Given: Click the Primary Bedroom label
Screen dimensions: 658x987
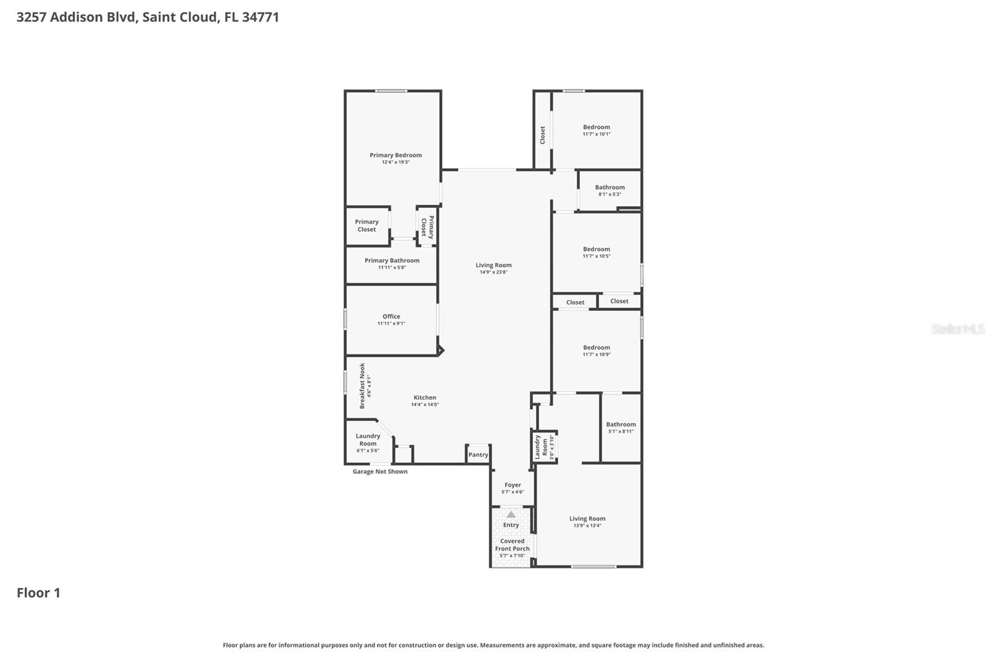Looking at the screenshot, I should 395,156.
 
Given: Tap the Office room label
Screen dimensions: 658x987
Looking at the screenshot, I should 391,317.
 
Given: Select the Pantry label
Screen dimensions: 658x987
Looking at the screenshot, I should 478,455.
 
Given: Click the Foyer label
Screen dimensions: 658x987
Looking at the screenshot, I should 513,485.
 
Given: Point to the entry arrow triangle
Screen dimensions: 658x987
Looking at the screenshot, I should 511,514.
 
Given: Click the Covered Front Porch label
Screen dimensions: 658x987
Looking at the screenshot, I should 512,545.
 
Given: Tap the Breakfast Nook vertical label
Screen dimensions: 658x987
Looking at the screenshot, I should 363,386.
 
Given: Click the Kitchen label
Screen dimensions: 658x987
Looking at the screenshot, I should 424,398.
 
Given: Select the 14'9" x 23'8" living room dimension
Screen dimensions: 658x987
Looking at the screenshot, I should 493,272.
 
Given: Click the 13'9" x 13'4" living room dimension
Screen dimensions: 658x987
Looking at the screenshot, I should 587,526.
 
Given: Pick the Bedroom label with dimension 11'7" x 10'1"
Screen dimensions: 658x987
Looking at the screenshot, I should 597,127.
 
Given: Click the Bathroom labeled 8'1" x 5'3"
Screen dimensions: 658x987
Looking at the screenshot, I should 609,188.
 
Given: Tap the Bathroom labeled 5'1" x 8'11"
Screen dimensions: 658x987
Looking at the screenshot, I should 621,425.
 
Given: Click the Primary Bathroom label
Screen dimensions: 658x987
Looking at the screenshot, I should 392,260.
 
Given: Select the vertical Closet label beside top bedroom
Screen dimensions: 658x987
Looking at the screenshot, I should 543,135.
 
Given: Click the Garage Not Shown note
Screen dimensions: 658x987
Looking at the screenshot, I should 380,472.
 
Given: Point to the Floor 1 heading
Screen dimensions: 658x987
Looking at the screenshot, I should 38,593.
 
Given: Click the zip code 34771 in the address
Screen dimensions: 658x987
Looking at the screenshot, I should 260,17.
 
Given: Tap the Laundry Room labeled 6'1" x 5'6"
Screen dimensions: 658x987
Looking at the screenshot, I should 368,439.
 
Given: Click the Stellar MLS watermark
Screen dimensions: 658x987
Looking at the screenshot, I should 957,329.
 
